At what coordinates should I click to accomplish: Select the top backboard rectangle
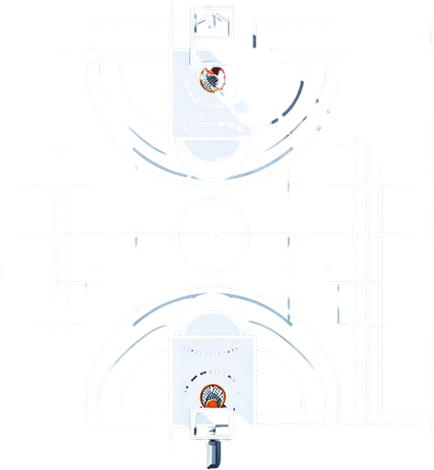[x=211, y=21]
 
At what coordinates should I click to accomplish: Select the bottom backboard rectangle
[x=212, y=424]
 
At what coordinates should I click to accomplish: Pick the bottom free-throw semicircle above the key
[x=212, y=318]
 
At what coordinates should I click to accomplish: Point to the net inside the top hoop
[x=214, y=81]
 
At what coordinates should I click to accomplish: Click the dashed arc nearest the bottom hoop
[x=212, y=375]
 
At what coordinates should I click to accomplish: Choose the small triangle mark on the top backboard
[x=212, y=15]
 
